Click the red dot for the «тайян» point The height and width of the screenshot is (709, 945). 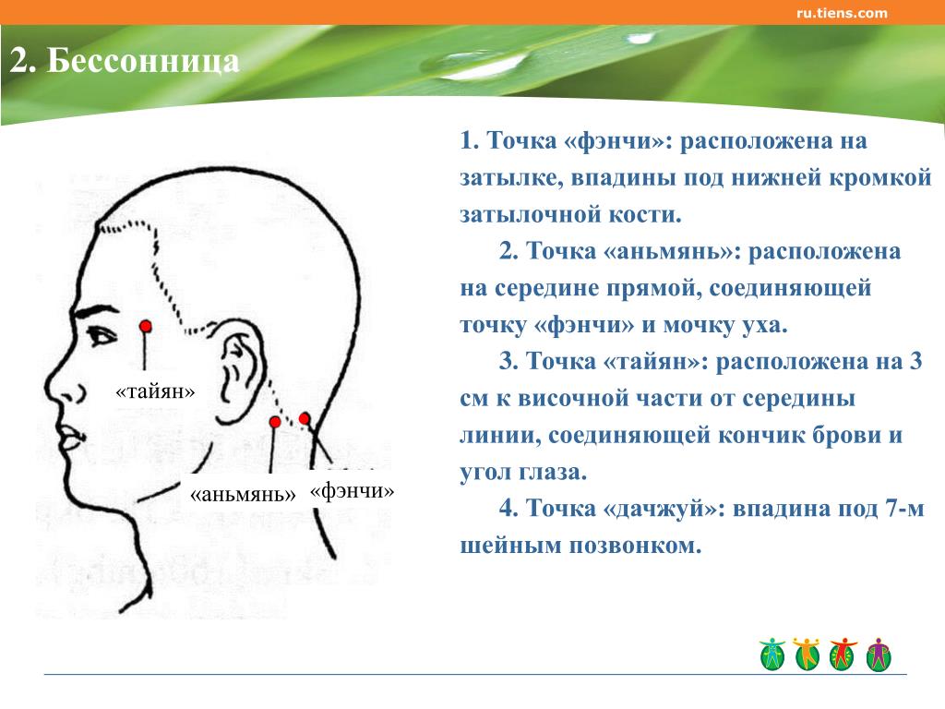[x=145, y=327]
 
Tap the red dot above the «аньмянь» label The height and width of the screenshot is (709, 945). [x=275, y=421]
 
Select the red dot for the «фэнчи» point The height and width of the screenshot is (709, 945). [x=305, y=418]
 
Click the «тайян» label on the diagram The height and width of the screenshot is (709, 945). [x=155, y=391]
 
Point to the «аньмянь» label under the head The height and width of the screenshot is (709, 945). [x=243, y=495]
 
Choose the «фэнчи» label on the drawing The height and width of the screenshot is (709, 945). [x=352, y=491]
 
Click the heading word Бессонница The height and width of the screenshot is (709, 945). [x=143, y=61]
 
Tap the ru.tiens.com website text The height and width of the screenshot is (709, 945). [x=842, y=13]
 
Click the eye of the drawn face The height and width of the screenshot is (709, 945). [x=102, y=335]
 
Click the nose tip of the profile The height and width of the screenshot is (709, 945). [x=48, y=387]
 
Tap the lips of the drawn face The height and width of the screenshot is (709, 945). [x=69, y=437]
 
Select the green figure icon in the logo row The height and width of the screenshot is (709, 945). [x=772, y=655]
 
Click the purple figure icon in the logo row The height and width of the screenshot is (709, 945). [x=879, y=655]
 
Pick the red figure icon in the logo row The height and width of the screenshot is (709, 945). [x=843, y=655]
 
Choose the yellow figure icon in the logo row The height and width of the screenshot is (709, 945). [x=807, y=655]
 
